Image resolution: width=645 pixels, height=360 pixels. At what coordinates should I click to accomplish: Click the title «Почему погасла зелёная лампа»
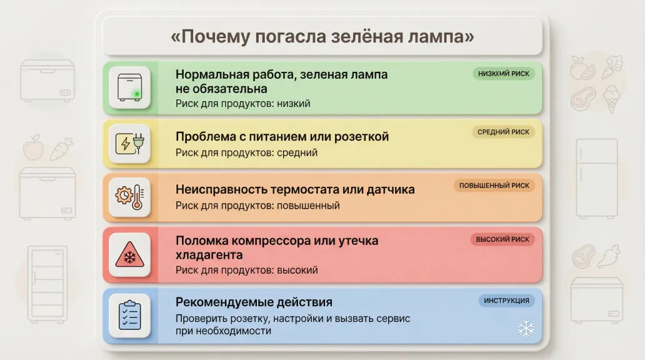click(322, 36)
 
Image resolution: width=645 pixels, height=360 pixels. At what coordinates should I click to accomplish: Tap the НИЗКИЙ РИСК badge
click(503, 74)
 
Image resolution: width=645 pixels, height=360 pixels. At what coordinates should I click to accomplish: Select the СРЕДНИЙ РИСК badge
click(503, 132)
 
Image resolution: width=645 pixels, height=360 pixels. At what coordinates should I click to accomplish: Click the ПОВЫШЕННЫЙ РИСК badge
click(494, 186)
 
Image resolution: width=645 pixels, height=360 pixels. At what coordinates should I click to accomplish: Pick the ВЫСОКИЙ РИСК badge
click(502, 239)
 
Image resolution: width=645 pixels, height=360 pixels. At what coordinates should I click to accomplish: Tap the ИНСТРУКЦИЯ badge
click(506, 301)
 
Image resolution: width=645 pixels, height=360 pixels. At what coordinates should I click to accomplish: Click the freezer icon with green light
click(130, 87)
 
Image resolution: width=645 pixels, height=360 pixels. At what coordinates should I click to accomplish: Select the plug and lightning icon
click(130, 144)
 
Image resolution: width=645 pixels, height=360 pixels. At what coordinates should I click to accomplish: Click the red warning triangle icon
click(130, 254)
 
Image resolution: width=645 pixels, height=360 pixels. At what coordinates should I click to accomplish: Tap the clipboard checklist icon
click(130, 315)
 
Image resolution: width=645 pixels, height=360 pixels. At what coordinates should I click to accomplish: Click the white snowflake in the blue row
click(526, 329)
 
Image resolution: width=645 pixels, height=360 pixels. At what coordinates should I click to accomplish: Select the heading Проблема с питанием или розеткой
click(282, 136)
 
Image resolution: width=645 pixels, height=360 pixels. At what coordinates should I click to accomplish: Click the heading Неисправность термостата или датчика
click(295, 189)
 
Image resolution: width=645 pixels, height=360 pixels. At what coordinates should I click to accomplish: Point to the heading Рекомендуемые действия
click(254, 302)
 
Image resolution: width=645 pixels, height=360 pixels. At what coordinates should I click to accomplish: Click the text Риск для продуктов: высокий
click(246, 270)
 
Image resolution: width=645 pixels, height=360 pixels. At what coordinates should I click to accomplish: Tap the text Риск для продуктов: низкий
click(242, 103)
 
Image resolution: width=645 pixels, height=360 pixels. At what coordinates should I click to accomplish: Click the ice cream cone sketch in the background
click(611, 100)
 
